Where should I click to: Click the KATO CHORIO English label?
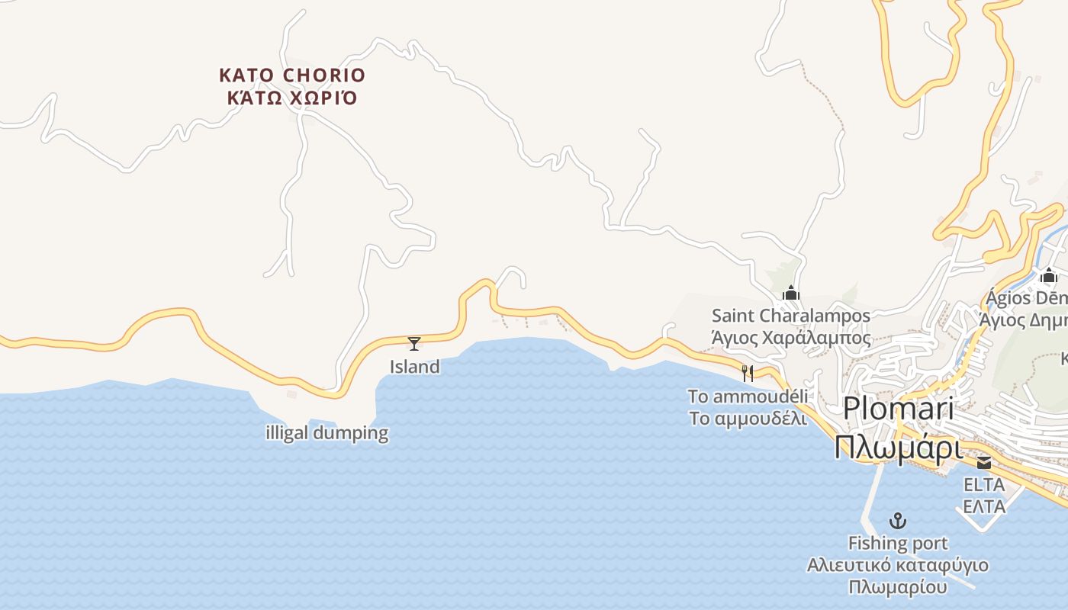pyautogui.click(x=292, y=75)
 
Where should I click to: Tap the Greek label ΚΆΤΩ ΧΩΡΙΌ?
pyautogui.click(x=292, y=98)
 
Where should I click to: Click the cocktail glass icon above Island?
pyautogui.click(x=414, y=344)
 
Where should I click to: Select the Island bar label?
pyautogui.click(x=415, y=367)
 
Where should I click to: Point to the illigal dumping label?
pyautogui.click(x=327, y=433)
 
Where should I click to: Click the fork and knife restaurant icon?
pyautogui.click(x=748, y=373)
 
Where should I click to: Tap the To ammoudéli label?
pyautogui.click(x=748, y=396)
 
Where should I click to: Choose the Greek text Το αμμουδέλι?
pyautogui.click(x=748, y=419)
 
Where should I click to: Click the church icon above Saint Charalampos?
pyautogui.click(x=791, y=293)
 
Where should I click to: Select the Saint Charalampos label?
pyautogui.click(x=791, y=316)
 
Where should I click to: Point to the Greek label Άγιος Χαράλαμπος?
pyautogui.click(x=791, y=338)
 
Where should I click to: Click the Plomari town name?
pyautogui.click(x=898, y=409)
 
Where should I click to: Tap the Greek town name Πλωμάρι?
pyautogui.click(x=898, y=448)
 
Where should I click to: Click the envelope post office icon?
pyautogui.click(x=984, y=463)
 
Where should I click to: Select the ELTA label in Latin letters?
pyautogui.click(x=984, y=485)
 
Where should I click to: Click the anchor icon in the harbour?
pyautogui.click(x=899, y=522)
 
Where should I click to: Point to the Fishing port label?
pyautogui.click(x=899, y=544)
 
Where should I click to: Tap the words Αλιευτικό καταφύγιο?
pyautogui.click(x=898, y=566)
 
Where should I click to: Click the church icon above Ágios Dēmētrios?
pyautogui.click(x=1049, y=275)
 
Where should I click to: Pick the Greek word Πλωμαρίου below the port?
pyautogui.click(x=898, y=588)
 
